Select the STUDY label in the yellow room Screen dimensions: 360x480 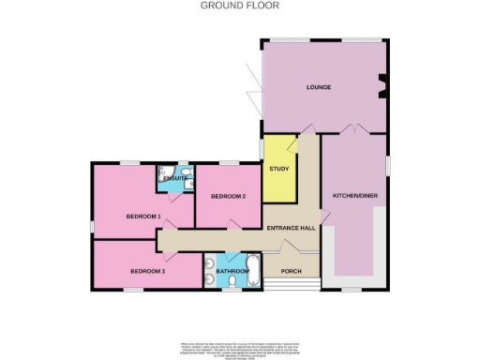278,169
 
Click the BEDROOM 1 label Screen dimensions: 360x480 143,217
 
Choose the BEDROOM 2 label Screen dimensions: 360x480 228,196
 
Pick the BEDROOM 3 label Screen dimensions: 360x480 147,271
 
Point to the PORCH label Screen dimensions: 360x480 292,272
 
